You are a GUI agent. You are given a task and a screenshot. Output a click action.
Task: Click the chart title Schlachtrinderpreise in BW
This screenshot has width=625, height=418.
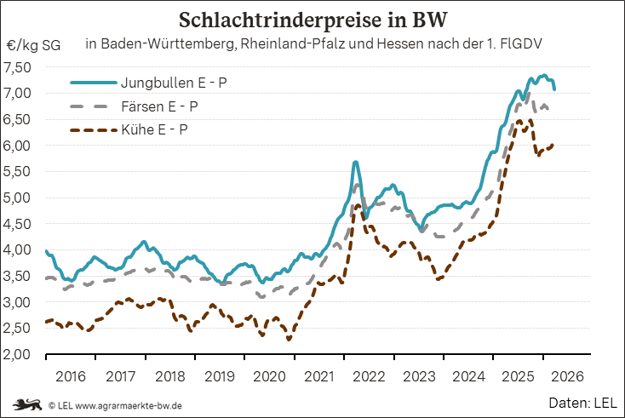click(312, 20)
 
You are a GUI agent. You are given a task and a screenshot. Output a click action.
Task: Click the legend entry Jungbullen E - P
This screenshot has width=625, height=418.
click(174, 83)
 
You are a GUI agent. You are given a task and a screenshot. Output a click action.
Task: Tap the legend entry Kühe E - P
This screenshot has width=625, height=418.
click(155, 130)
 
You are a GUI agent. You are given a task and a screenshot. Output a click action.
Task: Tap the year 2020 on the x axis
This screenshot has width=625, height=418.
click(270, 375)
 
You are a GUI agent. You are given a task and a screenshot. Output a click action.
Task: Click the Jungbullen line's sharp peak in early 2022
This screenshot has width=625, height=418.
click(355, 162)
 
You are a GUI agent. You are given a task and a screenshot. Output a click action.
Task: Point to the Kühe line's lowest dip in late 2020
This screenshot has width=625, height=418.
click(290, 340)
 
